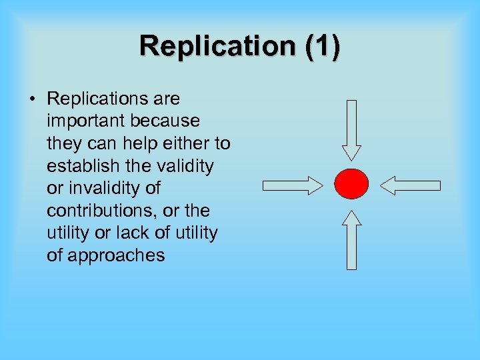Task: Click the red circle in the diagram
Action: pos(351,184)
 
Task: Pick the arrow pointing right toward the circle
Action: pos(292,185)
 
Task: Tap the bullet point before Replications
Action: pos(32,99)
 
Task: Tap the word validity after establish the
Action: pos(187,166)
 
